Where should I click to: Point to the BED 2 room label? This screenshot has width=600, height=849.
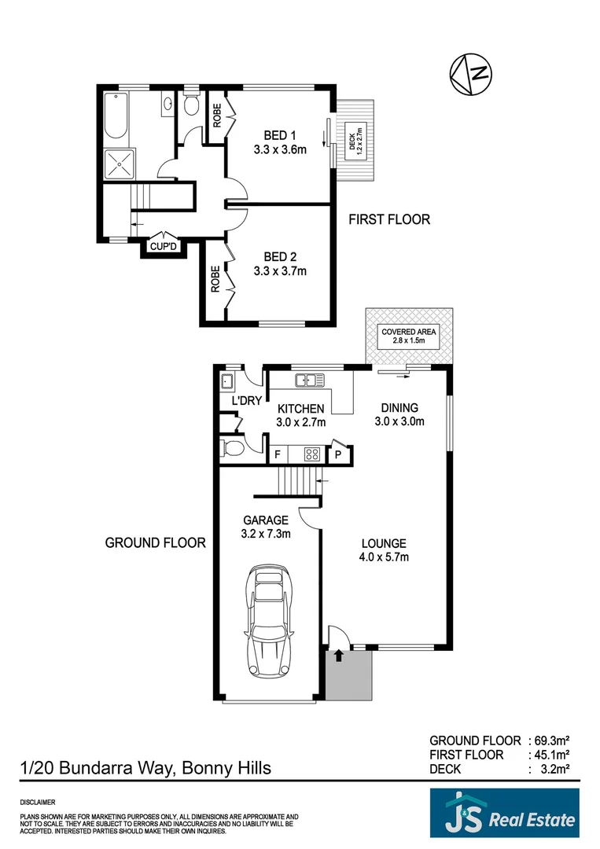tap(280, 257)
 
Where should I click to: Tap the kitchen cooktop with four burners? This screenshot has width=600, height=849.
tap(310, 454)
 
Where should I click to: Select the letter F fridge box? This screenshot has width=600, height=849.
tap(277, 454)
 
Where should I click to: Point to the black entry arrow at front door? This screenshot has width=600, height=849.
tap(338, 655)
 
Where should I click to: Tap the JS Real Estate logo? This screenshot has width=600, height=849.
tap(504, 814)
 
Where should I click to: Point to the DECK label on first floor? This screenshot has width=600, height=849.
tap(352, 141)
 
